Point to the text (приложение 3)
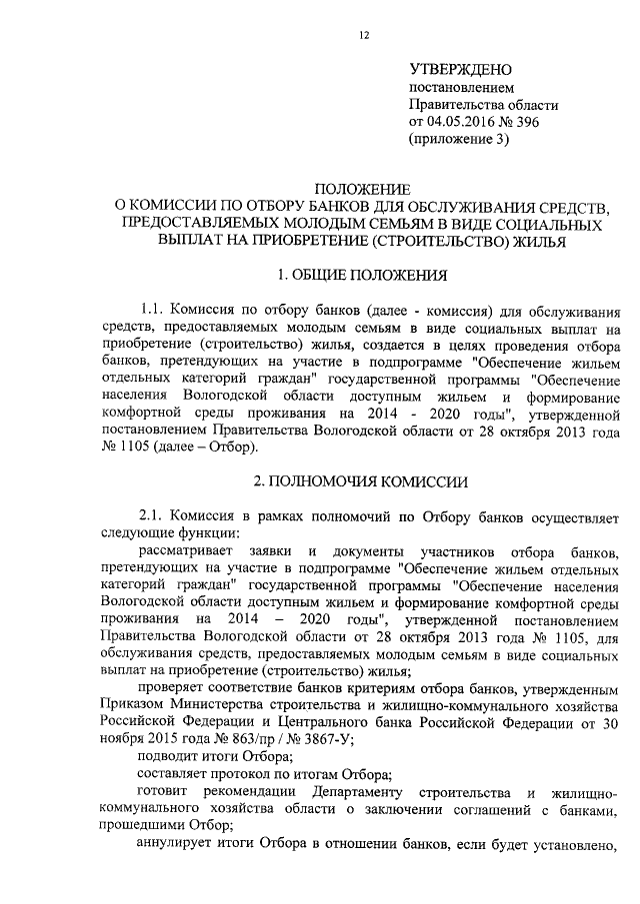pyautogui.click(x=459, y=140)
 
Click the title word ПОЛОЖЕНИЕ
pyautogui.click(x=362, y=188)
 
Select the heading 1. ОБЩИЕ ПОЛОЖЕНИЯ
pyautogui.click(x=362, y=274)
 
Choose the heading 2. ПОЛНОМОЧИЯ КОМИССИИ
pyautogui.click(x=361, y=479)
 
